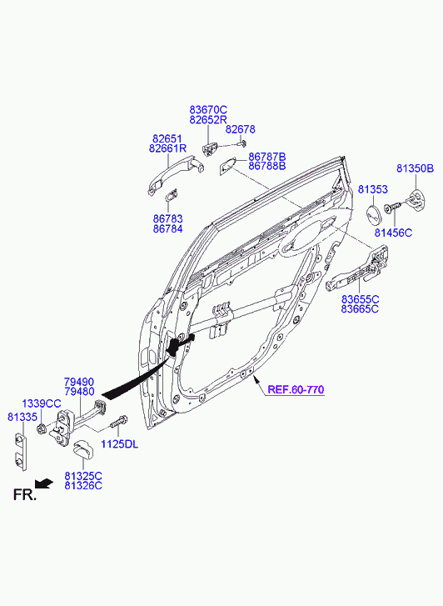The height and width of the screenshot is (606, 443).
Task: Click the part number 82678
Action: [240, 129]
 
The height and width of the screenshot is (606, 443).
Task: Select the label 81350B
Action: [416, 168]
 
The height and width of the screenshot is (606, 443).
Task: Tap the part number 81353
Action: [373, 189]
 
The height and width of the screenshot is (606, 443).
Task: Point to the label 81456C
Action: [393, 233]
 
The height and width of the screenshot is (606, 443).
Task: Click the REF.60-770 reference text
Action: [296, 389]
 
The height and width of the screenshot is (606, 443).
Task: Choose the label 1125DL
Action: [119, 444]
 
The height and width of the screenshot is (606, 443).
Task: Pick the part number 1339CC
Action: [42, 404]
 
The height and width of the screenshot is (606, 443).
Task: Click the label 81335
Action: [22, 417]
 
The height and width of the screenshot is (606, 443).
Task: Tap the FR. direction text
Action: [25, 494]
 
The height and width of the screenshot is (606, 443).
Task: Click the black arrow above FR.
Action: [43, 483]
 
